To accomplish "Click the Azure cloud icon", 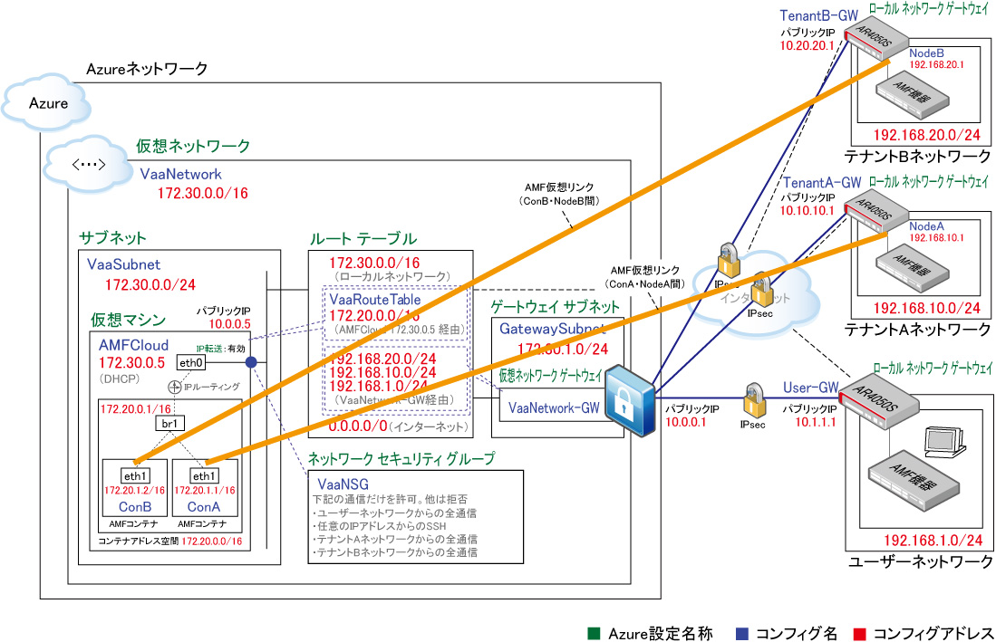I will click(48, 102).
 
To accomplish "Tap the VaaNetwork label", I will click(180, 174).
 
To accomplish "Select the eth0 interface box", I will click(189, 363).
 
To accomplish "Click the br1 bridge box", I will click(168, 423).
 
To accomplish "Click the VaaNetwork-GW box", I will click(553, 408).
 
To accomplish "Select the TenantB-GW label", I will click(819, 16).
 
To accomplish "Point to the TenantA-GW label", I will click(819, 183).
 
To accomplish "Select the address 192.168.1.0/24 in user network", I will click(933, 541).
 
